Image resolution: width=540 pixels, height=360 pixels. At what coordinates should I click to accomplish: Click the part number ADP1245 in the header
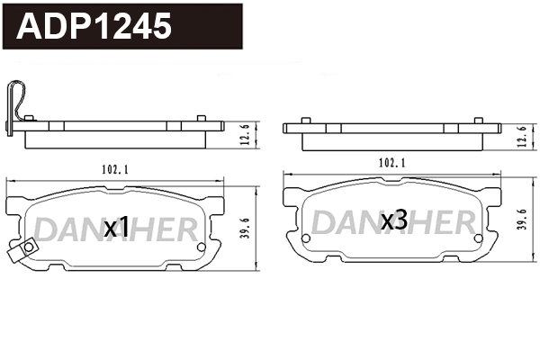[x=95, y=26]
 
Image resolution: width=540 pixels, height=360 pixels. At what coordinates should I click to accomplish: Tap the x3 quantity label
[x=393, y=220]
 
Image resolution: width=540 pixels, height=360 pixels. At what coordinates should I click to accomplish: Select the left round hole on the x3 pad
[x=306, y=238]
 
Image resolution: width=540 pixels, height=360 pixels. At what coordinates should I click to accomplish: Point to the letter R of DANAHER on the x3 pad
[x=461, y=221]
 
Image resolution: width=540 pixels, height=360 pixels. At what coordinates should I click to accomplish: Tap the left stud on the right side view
[x=306, y=119]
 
